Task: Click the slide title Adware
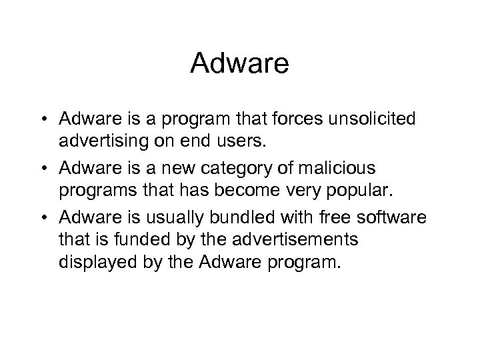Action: tap(239, 64)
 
